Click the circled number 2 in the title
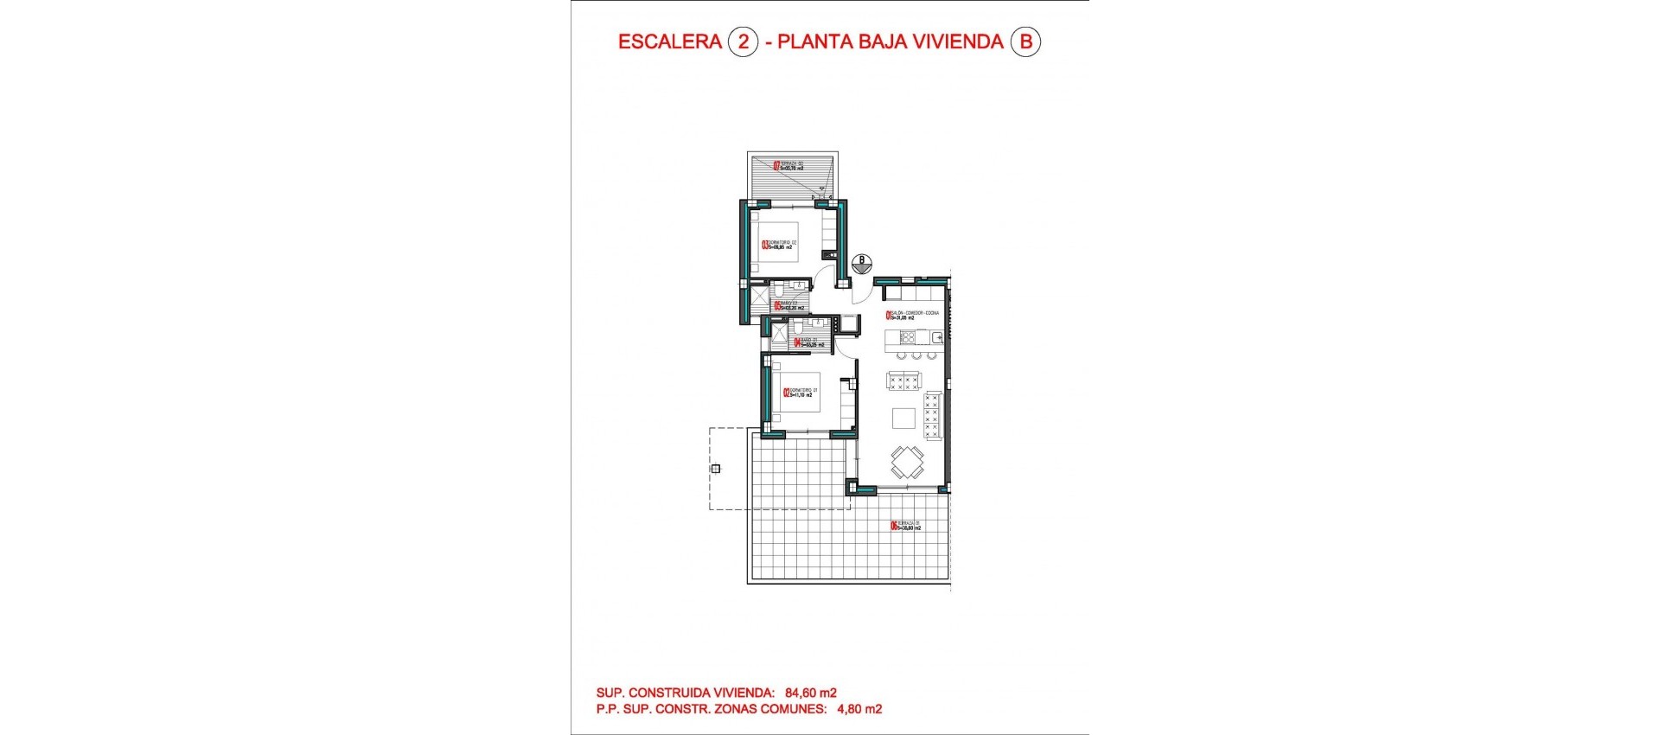(x=742, y=42)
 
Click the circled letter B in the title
(x=1026, y=42)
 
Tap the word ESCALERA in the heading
(x=669, y=42)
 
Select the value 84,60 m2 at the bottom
(x=810, y=693)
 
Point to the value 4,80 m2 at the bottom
(x=859, y=709)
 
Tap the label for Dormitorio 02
(x=778, y=245)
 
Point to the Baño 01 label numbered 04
(x=808, y=343)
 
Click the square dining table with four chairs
(x=907, y=462)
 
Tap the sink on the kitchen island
(x=936, y=337)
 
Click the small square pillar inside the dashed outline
(x=715, y=470)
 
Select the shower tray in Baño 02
(x=757, y=297)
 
